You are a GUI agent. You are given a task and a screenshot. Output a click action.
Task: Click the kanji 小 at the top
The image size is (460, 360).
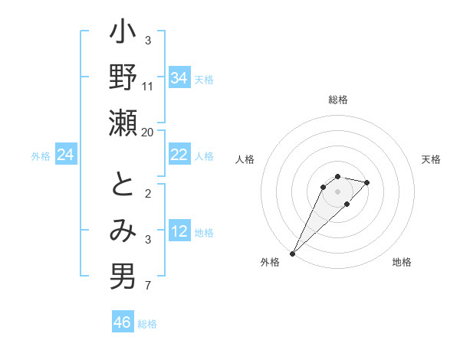click(x=123, y=35)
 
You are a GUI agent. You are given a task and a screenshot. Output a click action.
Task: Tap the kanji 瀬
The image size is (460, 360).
click(x=123, y=123)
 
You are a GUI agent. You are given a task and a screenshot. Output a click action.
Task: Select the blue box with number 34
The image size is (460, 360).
click(x=179, y=78)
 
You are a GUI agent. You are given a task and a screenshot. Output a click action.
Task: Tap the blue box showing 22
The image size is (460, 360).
click(x=179, y=155)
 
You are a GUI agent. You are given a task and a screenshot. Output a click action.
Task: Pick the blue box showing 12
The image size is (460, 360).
click(x=179, y=231)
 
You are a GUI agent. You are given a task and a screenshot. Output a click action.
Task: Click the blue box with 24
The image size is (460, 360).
click(x=66, y=155)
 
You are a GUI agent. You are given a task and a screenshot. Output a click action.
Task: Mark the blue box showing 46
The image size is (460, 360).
click(x=123, y=322)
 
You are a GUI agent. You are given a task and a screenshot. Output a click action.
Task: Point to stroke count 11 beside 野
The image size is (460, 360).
click(x=148, y=86)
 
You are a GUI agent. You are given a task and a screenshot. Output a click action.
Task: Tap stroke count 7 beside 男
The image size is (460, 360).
click(x=148, y=286)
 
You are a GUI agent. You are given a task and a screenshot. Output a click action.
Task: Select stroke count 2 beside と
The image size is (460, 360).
click(x=148, y=193)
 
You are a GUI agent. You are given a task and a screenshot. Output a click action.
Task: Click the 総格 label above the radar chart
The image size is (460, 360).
click(x=338, y=100)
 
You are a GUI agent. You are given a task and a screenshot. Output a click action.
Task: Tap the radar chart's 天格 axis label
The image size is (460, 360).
click(x=431, y=159)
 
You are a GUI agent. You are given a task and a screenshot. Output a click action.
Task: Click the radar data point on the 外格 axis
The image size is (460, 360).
click(x=293, y=253)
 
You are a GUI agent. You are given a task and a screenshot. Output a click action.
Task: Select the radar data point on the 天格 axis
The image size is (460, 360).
click(x=367, y=182)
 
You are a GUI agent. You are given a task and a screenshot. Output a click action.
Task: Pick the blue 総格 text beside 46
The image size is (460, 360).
click(x=147, y=324)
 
